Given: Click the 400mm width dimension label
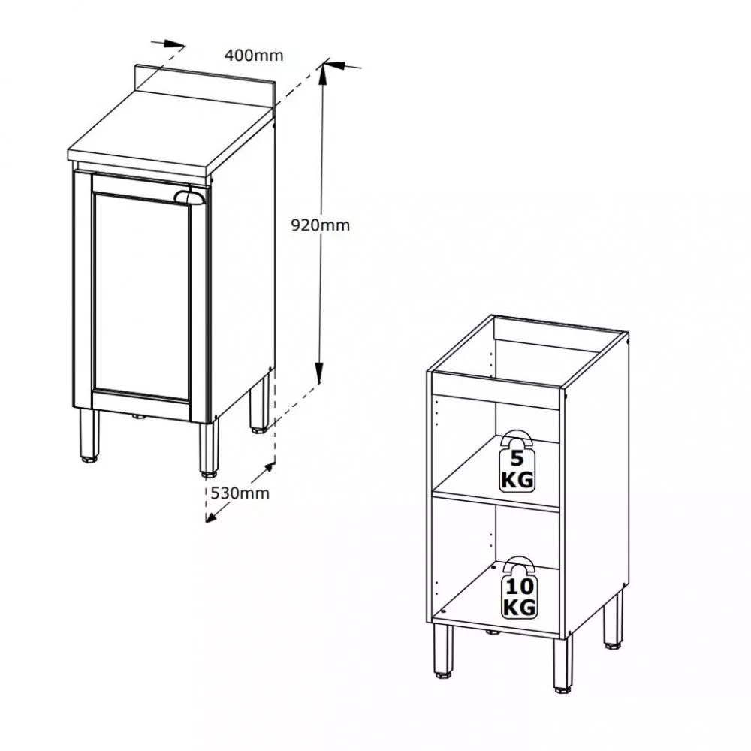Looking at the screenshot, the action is pos(254,56).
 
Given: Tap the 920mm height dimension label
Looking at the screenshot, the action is pos(321,225).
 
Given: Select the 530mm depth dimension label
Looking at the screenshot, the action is pos(240,493).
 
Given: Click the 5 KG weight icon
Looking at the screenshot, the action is pos(517,461).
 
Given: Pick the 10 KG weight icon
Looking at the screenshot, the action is pos(519,587).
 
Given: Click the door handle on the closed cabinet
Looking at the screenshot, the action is pos(190,196).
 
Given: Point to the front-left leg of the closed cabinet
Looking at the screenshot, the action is pos(89,436).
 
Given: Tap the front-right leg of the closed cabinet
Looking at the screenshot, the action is pos(209,448).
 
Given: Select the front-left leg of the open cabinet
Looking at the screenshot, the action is pos(443,650).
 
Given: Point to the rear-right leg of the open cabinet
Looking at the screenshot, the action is pos(613,621).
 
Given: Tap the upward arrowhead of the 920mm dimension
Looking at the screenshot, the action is pos(323,74).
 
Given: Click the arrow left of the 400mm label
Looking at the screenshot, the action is pos(168,44).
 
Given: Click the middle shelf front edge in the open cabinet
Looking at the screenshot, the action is pos(496,500).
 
